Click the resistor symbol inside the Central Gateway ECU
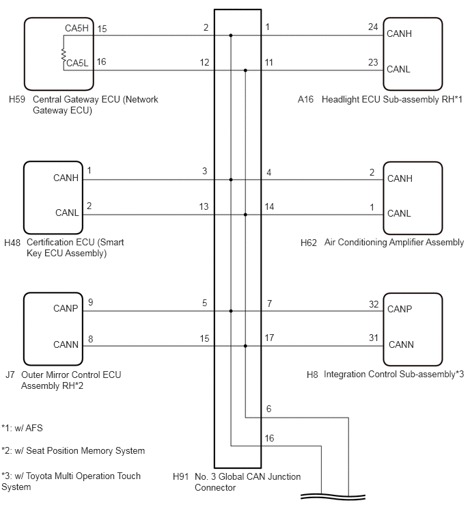click(x=64, y=55)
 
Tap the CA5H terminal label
click(x=77, y=28)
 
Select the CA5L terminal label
click(x=78, y=63)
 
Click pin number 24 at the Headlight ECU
click(x=373, y=27)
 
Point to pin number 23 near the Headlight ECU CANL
click(x=373, y=62)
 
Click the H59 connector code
click(x=17, y=99)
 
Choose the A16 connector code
click(x=305, y=99)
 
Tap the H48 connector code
click(x=12, y=243)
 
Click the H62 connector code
click(x=309, y=243)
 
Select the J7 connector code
click(x=10, y=375)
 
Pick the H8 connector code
click(x=312, y=375)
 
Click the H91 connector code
click(x=181, y=476)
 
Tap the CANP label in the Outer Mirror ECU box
click(x=66, y=308)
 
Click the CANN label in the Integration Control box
click(x=401, y=344)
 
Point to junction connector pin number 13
click(x=204, y=206)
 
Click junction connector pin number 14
click(x=269, y=206)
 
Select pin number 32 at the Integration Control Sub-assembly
click(x=374, y=304)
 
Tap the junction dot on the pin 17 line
click(x=245, y=347)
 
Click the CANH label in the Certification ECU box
click(x=66, y=178)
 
